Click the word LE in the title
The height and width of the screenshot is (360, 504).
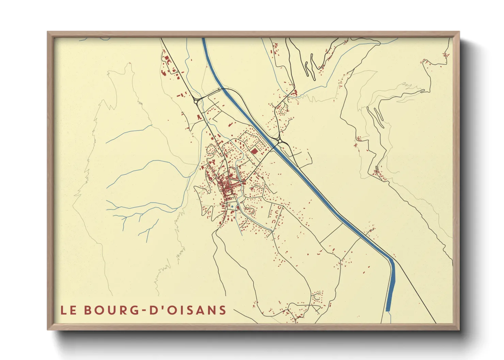(x=67, y=310)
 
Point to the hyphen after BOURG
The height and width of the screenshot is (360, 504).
(x=144, y=310)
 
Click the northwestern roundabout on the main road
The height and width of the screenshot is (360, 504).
(x=196, y=101)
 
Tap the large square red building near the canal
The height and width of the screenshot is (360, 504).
(x=254, y=151)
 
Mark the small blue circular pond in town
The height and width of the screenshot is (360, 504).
(x=232, y=206)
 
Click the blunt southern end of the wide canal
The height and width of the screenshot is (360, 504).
(x=388, y=310)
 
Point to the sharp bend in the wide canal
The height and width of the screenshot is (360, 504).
(x=392, y=261)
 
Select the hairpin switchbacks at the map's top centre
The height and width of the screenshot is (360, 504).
(x=310, y=68)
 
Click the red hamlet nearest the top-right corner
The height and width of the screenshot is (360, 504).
(x=445, y=54)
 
